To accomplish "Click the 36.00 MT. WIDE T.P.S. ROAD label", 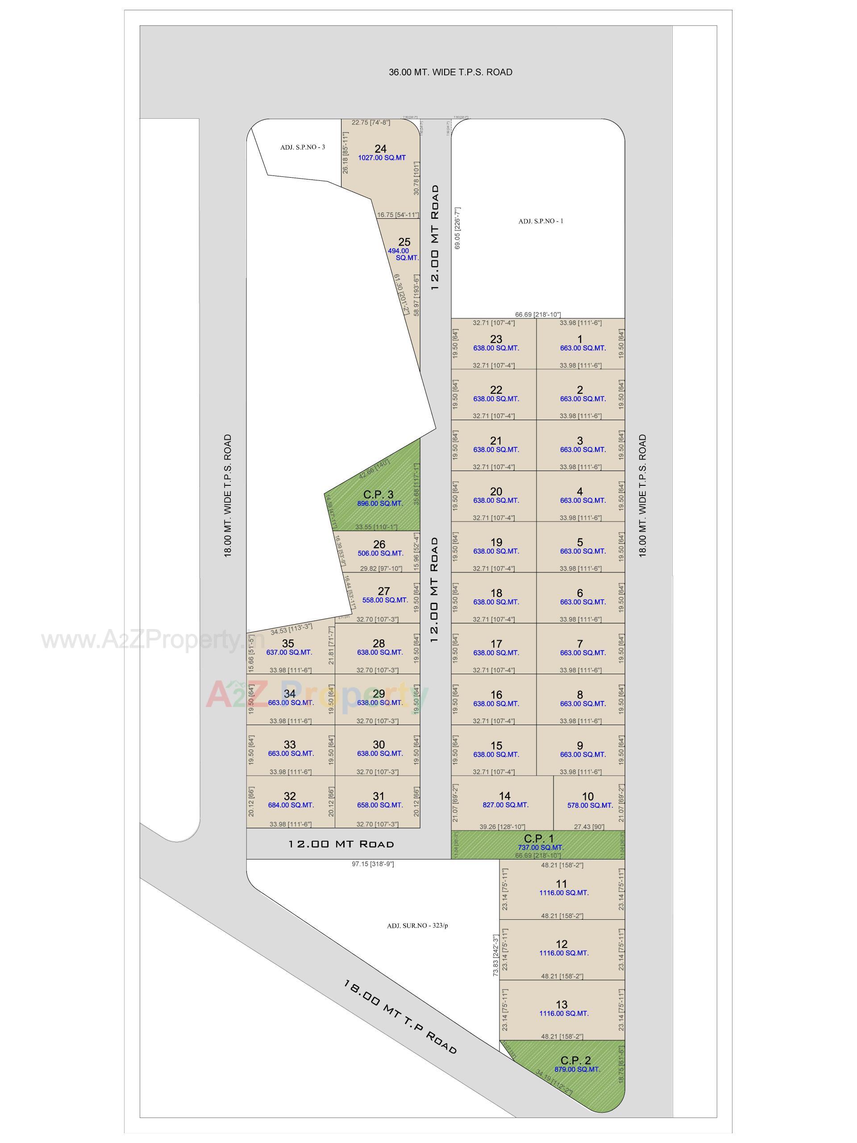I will click(x=450, y=72).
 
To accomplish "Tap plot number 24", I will click(x=380, y=149).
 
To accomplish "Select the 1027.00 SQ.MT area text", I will click(x=382, y=158).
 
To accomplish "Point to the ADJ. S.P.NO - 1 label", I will click(x=541, y=221).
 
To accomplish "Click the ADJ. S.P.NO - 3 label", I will click(x=303, y=147).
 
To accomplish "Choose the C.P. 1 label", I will click(x=539, y=838).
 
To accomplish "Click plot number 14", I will click(x=505, y=796).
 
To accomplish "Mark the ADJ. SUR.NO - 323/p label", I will click(x=417, y=926).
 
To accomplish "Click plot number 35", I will click(x=288, y=643).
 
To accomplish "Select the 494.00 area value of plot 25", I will click(x=398, y=251).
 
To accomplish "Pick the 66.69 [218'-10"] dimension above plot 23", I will click(x=538, y=315).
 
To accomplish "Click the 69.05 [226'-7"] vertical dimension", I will click(x=457, y=229).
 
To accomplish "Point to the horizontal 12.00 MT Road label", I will click(x=341, y=844).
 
